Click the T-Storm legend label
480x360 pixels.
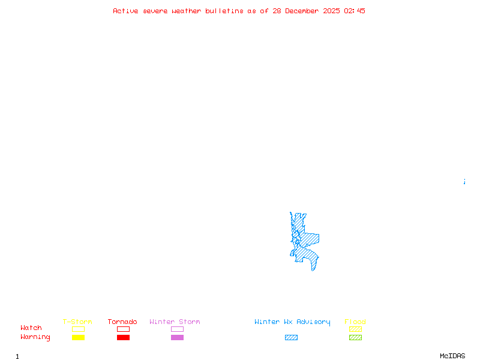point(77,322)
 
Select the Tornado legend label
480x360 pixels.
point(122,322)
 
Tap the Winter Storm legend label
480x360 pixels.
point(175,322)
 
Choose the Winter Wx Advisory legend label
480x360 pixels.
point(292,322)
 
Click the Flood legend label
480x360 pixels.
point(355,322)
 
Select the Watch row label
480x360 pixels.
point(31,328)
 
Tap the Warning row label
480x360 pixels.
point(35,337)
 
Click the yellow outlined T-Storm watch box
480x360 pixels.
point(78,329)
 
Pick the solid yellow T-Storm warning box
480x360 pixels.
point(78,337)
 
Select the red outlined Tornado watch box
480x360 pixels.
point(123,329)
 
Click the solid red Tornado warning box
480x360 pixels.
point(123,337)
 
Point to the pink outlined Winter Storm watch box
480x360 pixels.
point(177,329)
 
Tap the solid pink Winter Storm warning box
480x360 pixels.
point(177,337)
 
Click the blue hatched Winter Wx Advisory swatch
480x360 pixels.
point(291,337)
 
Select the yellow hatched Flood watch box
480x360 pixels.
point(355,329)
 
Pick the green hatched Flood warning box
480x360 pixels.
point(355,337)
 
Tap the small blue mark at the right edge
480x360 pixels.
point(464,181)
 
